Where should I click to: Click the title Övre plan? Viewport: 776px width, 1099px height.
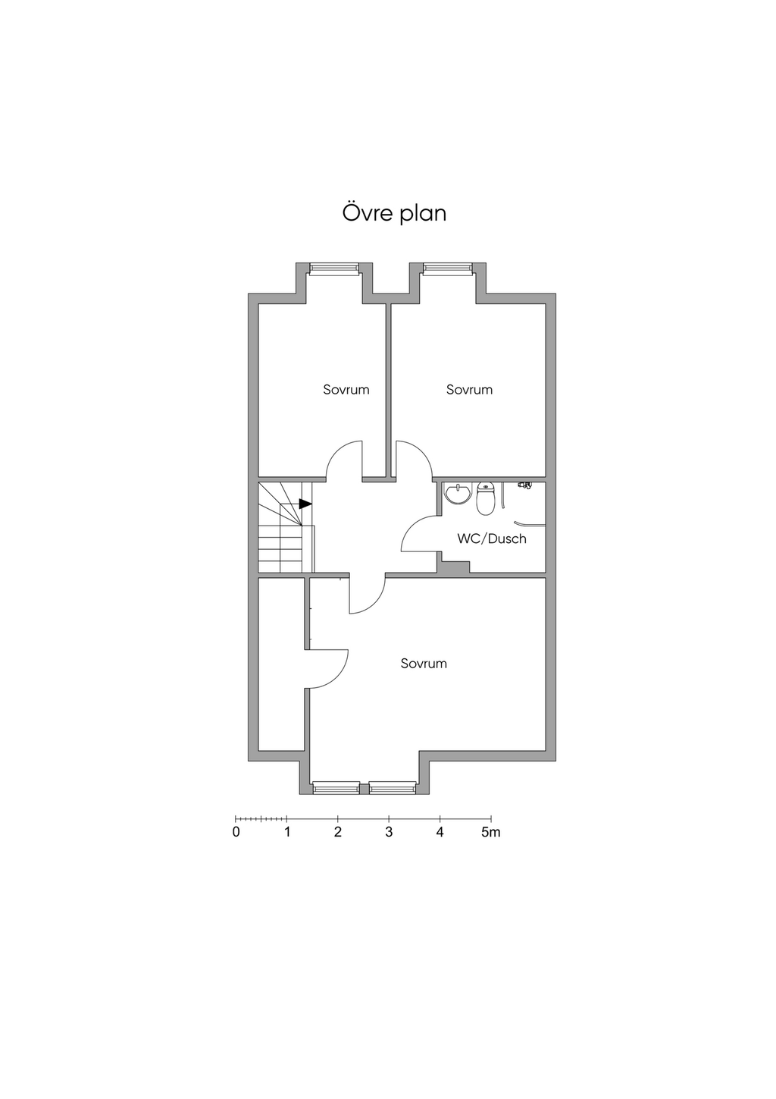(394, 214)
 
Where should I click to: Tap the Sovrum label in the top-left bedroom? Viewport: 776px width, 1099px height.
(346, 390)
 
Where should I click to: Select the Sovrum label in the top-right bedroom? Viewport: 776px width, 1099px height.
(469, 390)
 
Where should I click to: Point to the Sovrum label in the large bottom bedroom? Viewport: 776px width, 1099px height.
(424, 664)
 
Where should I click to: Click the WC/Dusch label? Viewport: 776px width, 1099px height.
(492, 539)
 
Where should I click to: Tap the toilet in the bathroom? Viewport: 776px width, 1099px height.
(486, 498)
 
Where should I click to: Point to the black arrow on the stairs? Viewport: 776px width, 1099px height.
(305, 504)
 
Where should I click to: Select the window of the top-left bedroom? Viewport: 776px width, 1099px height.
(333, 268)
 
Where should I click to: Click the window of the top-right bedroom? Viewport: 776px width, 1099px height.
(447, 268)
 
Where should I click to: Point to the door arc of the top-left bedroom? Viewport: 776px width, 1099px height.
(336, 450)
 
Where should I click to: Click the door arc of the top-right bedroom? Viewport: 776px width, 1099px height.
(423, 450)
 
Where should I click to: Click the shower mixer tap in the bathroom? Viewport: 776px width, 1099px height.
(525, 485)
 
